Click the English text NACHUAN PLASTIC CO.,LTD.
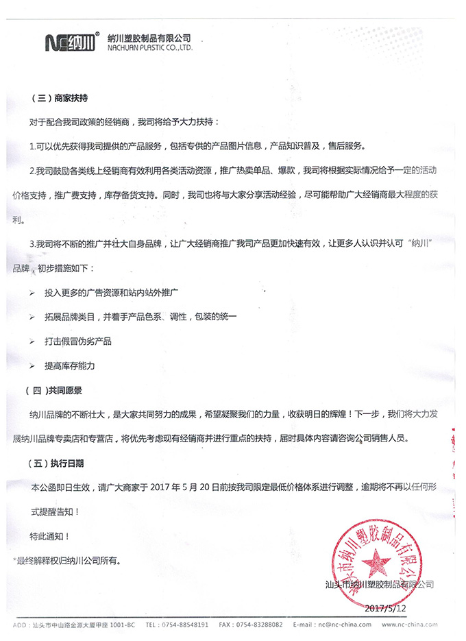[x=150, y=49]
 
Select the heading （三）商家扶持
[x=60, y=99]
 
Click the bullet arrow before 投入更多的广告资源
[x=33, y=293]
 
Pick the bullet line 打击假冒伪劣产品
[x=77, y=341]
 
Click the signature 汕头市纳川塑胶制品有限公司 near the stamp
[x=380, y=584]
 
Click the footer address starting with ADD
[x=75, y=625]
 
